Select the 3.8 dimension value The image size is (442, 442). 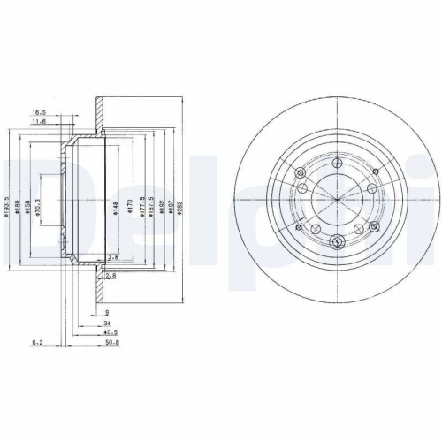point(112,257)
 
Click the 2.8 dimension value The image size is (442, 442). point(112,277)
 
